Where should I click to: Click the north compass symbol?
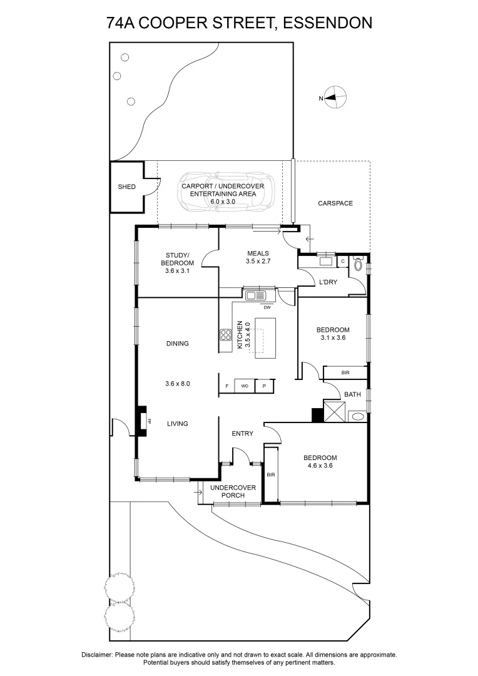pos(336,97)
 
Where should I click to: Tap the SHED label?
pos(127,187)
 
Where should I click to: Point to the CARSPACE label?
pos(335,203)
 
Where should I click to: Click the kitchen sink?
pos(255,295)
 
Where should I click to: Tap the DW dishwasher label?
pos(267,307)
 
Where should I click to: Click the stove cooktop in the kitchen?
pos(225,335)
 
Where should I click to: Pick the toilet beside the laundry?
pos(358,265)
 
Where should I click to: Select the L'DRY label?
pos(328,282)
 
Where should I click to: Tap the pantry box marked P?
pos(265,387)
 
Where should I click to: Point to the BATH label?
pos(352,394)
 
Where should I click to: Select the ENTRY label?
pos(242,434)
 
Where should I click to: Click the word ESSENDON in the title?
pos(328,23)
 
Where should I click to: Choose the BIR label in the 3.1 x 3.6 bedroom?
pos(345,372)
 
